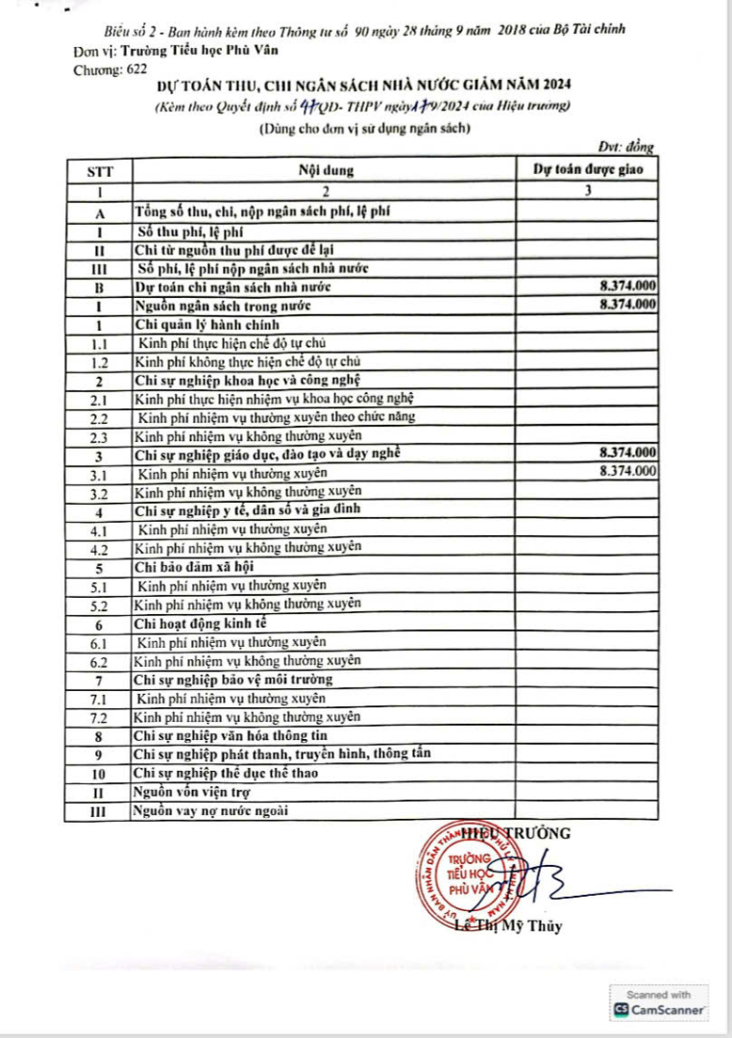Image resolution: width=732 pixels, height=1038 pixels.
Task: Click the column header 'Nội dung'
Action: (325, 171)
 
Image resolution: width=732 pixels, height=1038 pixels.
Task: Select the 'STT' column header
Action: (99, 171)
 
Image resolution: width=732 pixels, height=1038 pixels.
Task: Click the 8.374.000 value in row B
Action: (626, 286)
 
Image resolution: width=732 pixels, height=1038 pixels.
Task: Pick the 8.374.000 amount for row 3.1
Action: (626, 472)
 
